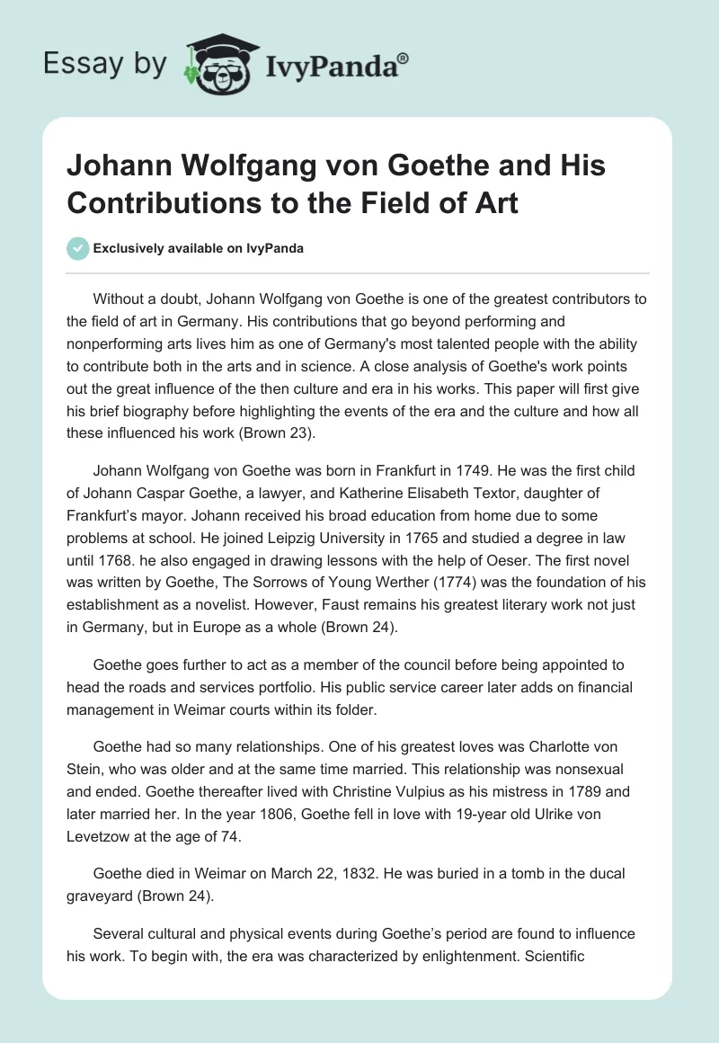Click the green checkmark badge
tap(78, 248)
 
